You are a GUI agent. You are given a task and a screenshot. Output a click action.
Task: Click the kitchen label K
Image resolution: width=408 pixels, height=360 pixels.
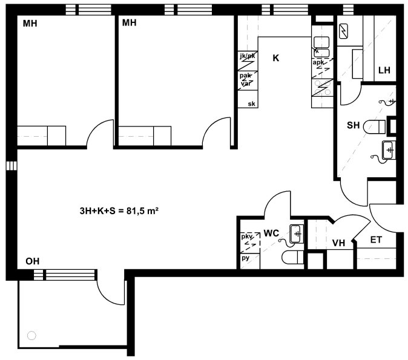[x=276, y=57]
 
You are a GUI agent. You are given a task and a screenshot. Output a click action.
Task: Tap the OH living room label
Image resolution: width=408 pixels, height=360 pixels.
[x=33, y=261]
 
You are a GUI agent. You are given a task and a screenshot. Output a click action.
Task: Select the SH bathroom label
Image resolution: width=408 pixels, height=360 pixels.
[x=354, y=125]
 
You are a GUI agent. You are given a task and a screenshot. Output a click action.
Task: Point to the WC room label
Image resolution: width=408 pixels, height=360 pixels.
[x=271, y=234]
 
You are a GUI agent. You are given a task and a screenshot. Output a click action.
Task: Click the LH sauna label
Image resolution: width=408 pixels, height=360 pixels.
[x=384, y=70]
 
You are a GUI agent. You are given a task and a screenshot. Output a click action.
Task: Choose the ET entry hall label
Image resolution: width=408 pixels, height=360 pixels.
[x=376, y=240]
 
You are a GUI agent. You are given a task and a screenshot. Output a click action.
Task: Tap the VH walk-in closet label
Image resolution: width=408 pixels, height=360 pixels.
[x=338, y=243]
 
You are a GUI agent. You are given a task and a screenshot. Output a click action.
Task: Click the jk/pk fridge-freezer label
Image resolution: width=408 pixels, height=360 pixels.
[x=248, y=56]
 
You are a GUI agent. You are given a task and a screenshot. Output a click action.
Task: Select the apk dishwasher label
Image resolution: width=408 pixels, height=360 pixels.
[x=318, y=62]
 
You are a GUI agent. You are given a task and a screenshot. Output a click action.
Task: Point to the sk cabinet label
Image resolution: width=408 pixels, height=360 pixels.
[x=251, y=104]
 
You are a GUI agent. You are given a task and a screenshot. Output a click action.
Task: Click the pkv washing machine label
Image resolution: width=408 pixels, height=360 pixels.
[x=246, y=237]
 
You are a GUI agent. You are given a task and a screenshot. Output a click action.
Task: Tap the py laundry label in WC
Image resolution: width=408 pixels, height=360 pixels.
[x=245, y=258]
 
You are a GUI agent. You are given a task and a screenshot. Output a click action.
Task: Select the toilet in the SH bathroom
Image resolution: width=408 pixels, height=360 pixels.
[x=375, y=126]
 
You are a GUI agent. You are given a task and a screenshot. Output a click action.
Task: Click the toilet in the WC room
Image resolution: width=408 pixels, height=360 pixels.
[x=293, y=258]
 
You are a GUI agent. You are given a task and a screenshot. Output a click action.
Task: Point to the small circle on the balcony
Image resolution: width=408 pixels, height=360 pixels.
[x=31, y=336]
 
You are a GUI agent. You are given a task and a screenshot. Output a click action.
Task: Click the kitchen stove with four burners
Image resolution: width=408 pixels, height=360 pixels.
[x=323, y=88]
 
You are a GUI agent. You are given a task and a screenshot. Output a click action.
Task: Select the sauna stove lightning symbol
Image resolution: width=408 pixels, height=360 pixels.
[x=343, y=31]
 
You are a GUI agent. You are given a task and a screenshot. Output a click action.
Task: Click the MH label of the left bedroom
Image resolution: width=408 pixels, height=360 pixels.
[x=30, y=24]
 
